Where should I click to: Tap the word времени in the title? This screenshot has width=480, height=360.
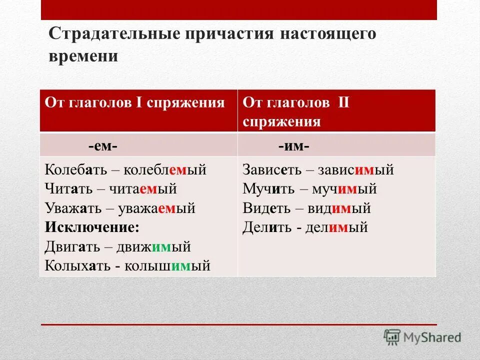83,55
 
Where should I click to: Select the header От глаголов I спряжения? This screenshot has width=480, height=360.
135,103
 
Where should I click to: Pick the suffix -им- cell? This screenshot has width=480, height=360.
293,146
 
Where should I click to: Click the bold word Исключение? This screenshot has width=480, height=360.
92,227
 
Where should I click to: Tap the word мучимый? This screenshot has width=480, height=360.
344,189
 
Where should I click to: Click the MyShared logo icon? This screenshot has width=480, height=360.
392,337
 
